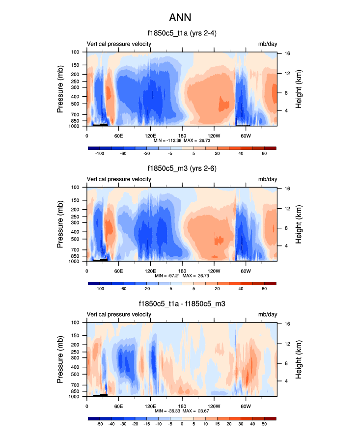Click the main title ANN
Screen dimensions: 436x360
(x=180, y=18)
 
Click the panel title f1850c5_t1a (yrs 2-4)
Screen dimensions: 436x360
(x=182, y=34)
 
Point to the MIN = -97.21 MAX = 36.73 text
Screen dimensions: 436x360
(x=182, y=276)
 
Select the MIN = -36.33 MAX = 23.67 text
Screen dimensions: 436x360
(x=182, y=411)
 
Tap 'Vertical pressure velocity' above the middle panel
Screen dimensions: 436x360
(x=119, y=179)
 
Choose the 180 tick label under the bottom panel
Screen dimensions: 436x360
(x=182, y=406)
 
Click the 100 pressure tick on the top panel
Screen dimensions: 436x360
(x=76, y=52)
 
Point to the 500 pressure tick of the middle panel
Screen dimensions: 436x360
(x=76, y=239)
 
